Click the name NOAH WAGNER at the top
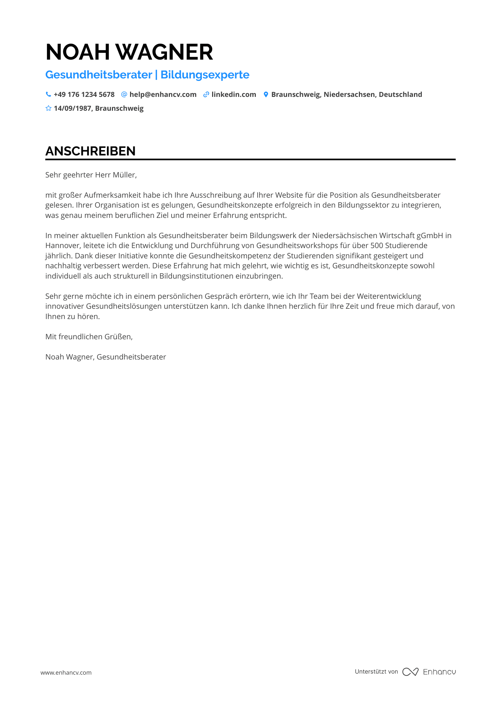(x=129, y=52)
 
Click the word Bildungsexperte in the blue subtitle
(x=205, y=75)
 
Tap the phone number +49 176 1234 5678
(x=84, y=94)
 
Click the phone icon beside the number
(x=48, y=94)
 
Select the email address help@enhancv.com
(x=163, y=94)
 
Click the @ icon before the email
(x=124, y=94)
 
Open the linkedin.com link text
(x=233, y=94)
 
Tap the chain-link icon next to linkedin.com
(x=206, y=94)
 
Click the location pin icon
(x=265, y=94)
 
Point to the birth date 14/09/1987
(x=72, y=108)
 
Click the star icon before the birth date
(x=48, y=108)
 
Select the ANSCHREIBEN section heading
(x=90, y=151)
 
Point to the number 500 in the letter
(x=377, y=246)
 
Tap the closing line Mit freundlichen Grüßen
(x=89, y=337)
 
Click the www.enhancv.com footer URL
(x=66, y=673)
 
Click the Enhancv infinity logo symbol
(x=410, y=672)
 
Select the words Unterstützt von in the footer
(x=376, y=671)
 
